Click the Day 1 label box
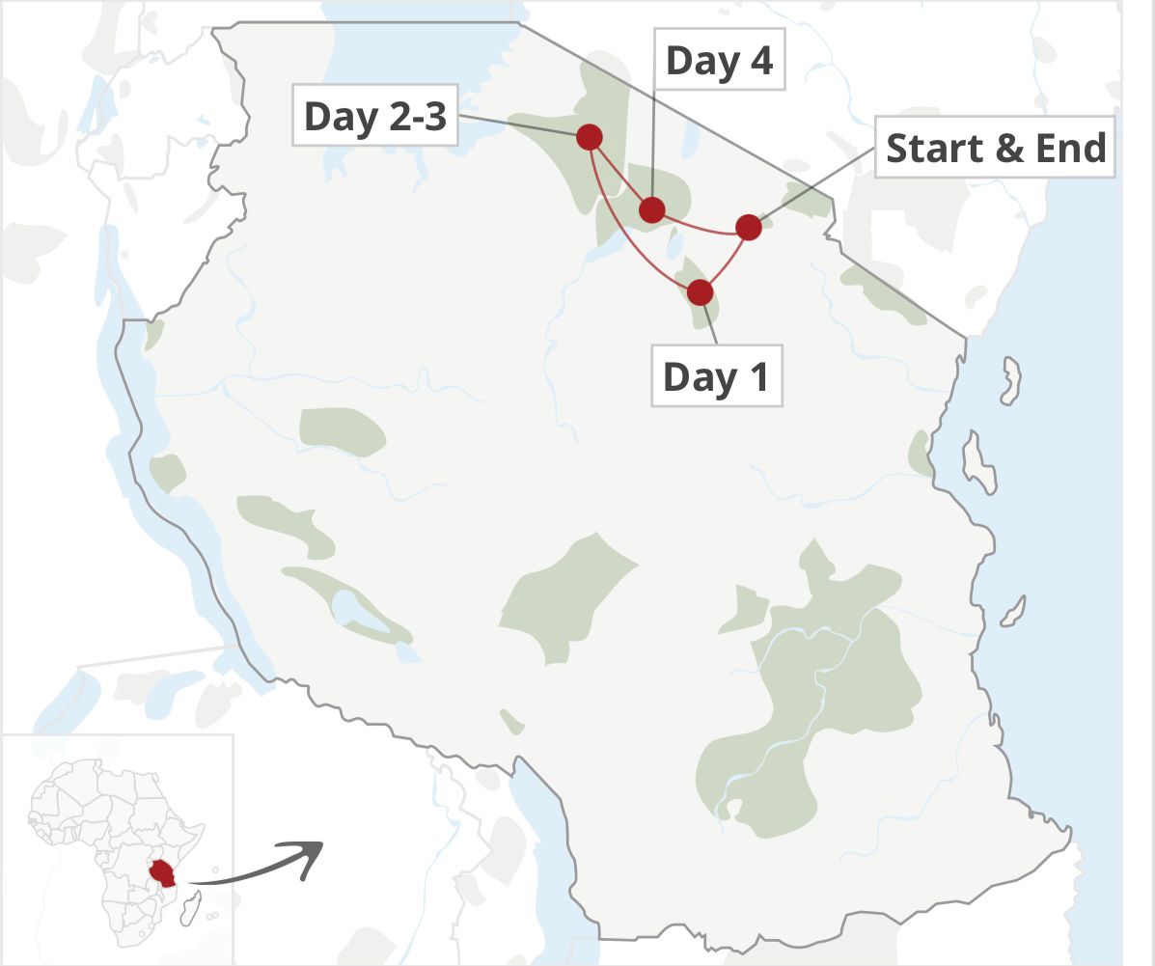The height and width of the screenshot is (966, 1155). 716,376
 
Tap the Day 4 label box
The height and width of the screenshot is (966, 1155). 719,61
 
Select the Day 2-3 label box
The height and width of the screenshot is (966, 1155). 374,117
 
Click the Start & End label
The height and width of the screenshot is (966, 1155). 995,148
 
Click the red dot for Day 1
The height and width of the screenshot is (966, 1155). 700,291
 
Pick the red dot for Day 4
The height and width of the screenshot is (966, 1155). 652,209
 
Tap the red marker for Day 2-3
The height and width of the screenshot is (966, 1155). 590,137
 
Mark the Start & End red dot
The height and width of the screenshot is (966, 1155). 749,228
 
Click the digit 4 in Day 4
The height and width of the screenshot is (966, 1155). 760,61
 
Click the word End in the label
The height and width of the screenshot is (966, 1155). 1069,148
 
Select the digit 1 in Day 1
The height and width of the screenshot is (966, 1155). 757,376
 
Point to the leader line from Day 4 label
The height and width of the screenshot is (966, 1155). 654,145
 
